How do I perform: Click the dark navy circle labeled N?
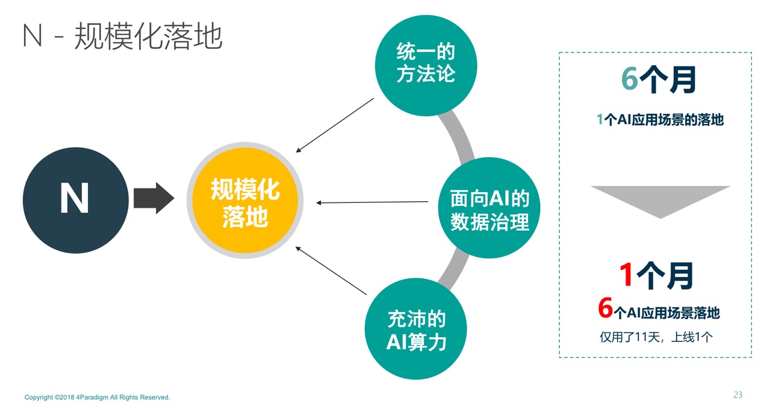click(x=76, y=200)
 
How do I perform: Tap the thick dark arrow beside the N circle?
click(x=154, y=198)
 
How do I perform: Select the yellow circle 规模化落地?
click(x=245, y=200)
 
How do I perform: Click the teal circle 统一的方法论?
click(x=426, y=66)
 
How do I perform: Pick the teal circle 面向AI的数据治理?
click(x=489, y=208)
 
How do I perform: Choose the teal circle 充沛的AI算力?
click(x=416, y=329)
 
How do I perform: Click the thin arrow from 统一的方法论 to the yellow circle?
click(x=335, y=125)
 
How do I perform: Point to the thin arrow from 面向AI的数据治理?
click(x=372, y=202)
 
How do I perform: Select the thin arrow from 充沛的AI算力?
click(x=331, y=270)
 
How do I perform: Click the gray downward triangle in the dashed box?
click(x=660, y=199)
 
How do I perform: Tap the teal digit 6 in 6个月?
click(x=629, y=78)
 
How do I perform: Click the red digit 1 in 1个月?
click(x=626, y=275)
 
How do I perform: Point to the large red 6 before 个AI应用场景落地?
click(x=606, y=308)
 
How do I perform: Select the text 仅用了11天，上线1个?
click(x=656, y=337)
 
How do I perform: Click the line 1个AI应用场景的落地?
click(x=660, y=120)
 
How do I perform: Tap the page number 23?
click(x=738, y=395)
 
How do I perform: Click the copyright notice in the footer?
click(x=97, y=397)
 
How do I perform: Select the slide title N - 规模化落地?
click(x=122, y=36)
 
